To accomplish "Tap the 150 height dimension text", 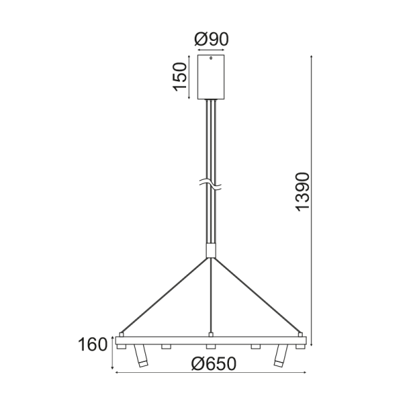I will point(179,76).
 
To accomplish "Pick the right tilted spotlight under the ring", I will point(279,357).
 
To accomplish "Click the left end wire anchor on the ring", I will point(120,334).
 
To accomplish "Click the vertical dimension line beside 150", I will point(190,77).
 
